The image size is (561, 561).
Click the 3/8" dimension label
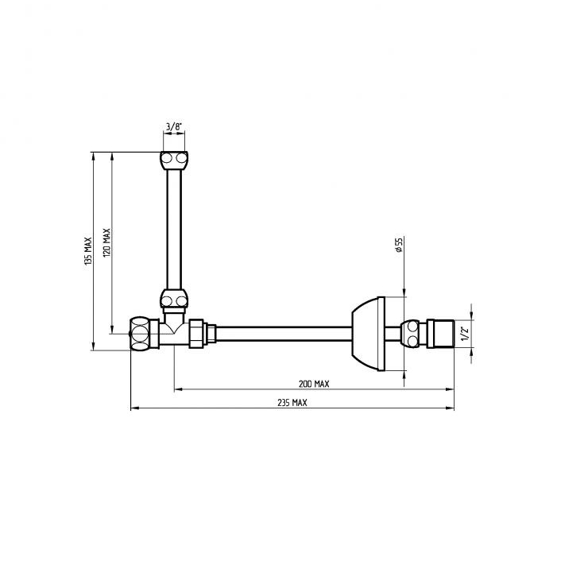pyautogui.click(x=174, y=126)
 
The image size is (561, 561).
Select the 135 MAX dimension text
pyautogui.click(x=88, y=251)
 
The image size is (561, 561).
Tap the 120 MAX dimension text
pyautogui.click(x=106, y=242)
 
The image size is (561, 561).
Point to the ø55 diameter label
pyautogui.click(x=399, y=245)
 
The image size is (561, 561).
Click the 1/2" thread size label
pyautogui.click(x=464, y=334)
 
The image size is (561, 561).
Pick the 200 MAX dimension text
pyautogui.click(x=314, y=384)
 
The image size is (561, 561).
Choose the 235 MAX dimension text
pyautogui.click(x=292, y=403)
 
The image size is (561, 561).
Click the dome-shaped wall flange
pyautogui.click(x=369, y=334)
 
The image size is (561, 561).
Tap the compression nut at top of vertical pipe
pyautogui.click(x=174, y=161)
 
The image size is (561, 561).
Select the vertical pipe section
pyautogui.click(x=174, y=230)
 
